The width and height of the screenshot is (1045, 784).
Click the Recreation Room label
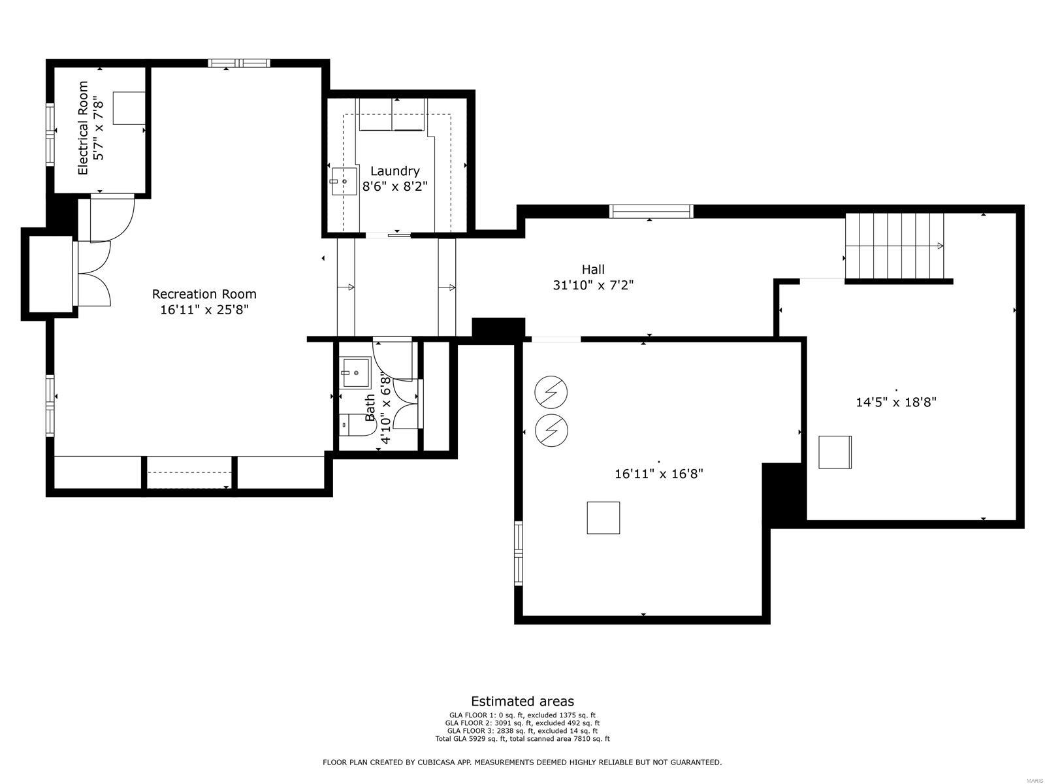click(204, 294)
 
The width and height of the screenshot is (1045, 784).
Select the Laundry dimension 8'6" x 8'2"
click(394, 186)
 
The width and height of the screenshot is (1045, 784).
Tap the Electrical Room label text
click(83, 128)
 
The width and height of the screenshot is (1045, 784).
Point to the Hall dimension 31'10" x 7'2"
click(593, 286)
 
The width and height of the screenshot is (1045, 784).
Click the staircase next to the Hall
click(895, 246)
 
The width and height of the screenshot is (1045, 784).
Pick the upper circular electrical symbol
click(551, 392)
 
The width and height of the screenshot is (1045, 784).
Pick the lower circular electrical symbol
click(551, 429)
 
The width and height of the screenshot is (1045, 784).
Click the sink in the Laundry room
click(344, 180)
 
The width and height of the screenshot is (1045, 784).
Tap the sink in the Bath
click(355, 373)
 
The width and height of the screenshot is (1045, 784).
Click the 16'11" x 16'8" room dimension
click(658, 474)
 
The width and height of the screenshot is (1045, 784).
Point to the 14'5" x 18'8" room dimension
click(896, 402)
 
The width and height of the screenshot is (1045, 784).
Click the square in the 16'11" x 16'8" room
click(603, 517)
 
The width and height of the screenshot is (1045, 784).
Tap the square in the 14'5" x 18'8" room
click(835, 451)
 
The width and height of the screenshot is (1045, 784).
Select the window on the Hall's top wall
click(651, 211)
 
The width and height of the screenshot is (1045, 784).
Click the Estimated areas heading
click(522, 702)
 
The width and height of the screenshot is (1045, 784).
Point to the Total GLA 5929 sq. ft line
click(522, 739)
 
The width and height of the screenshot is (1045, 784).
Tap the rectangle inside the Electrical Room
click(129, 108)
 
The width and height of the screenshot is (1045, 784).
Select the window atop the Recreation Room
click(239, 63)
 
